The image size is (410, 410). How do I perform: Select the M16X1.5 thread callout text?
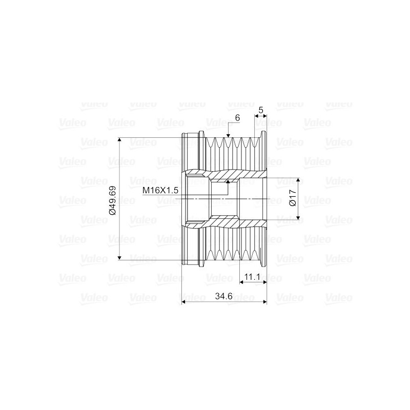point(160,190)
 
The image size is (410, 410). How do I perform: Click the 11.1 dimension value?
point(252,277)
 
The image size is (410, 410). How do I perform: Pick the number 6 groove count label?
point(237,118)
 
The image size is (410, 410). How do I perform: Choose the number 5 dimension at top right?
point(261,110)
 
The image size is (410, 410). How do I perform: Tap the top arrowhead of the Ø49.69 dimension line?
point(119,140)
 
